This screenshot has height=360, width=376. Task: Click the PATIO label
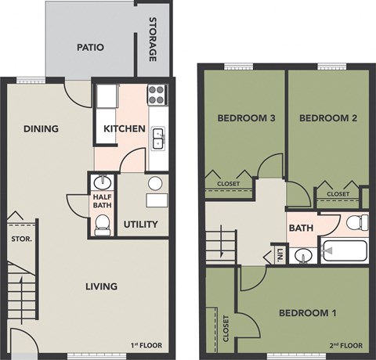(x=91, y=48)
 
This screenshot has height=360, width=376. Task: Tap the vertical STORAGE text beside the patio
(x=153, y=41)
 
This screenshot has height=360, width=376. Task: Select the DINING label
(x=42, y=128)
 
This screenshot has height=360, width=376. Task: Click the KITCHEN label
(x=124, y=128)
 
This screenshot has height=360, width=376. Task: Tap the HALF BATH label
(x=102, y=201)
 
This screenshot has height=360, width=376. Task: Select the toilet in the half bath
(x=101, y=226)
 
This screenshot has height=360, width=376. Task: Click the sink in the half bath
(x=101, y=183)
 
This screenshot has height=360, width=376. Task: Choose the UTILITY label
(x=140, y=225)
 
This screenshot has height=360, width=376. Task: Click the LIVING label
(x=101, y=286)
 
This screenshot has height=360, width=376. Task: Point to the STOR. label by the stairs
(x=20, y=239)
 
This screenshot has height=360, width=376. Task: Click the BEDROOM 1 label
(x=307, y=314)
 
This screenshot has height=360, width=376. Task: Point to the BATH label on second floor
(x=301, y=229)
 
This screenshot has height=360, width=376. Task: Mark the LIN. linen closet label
(x=279, y=254)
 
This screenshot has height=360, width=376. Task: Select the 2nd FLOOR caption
(x=345, y=344)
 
